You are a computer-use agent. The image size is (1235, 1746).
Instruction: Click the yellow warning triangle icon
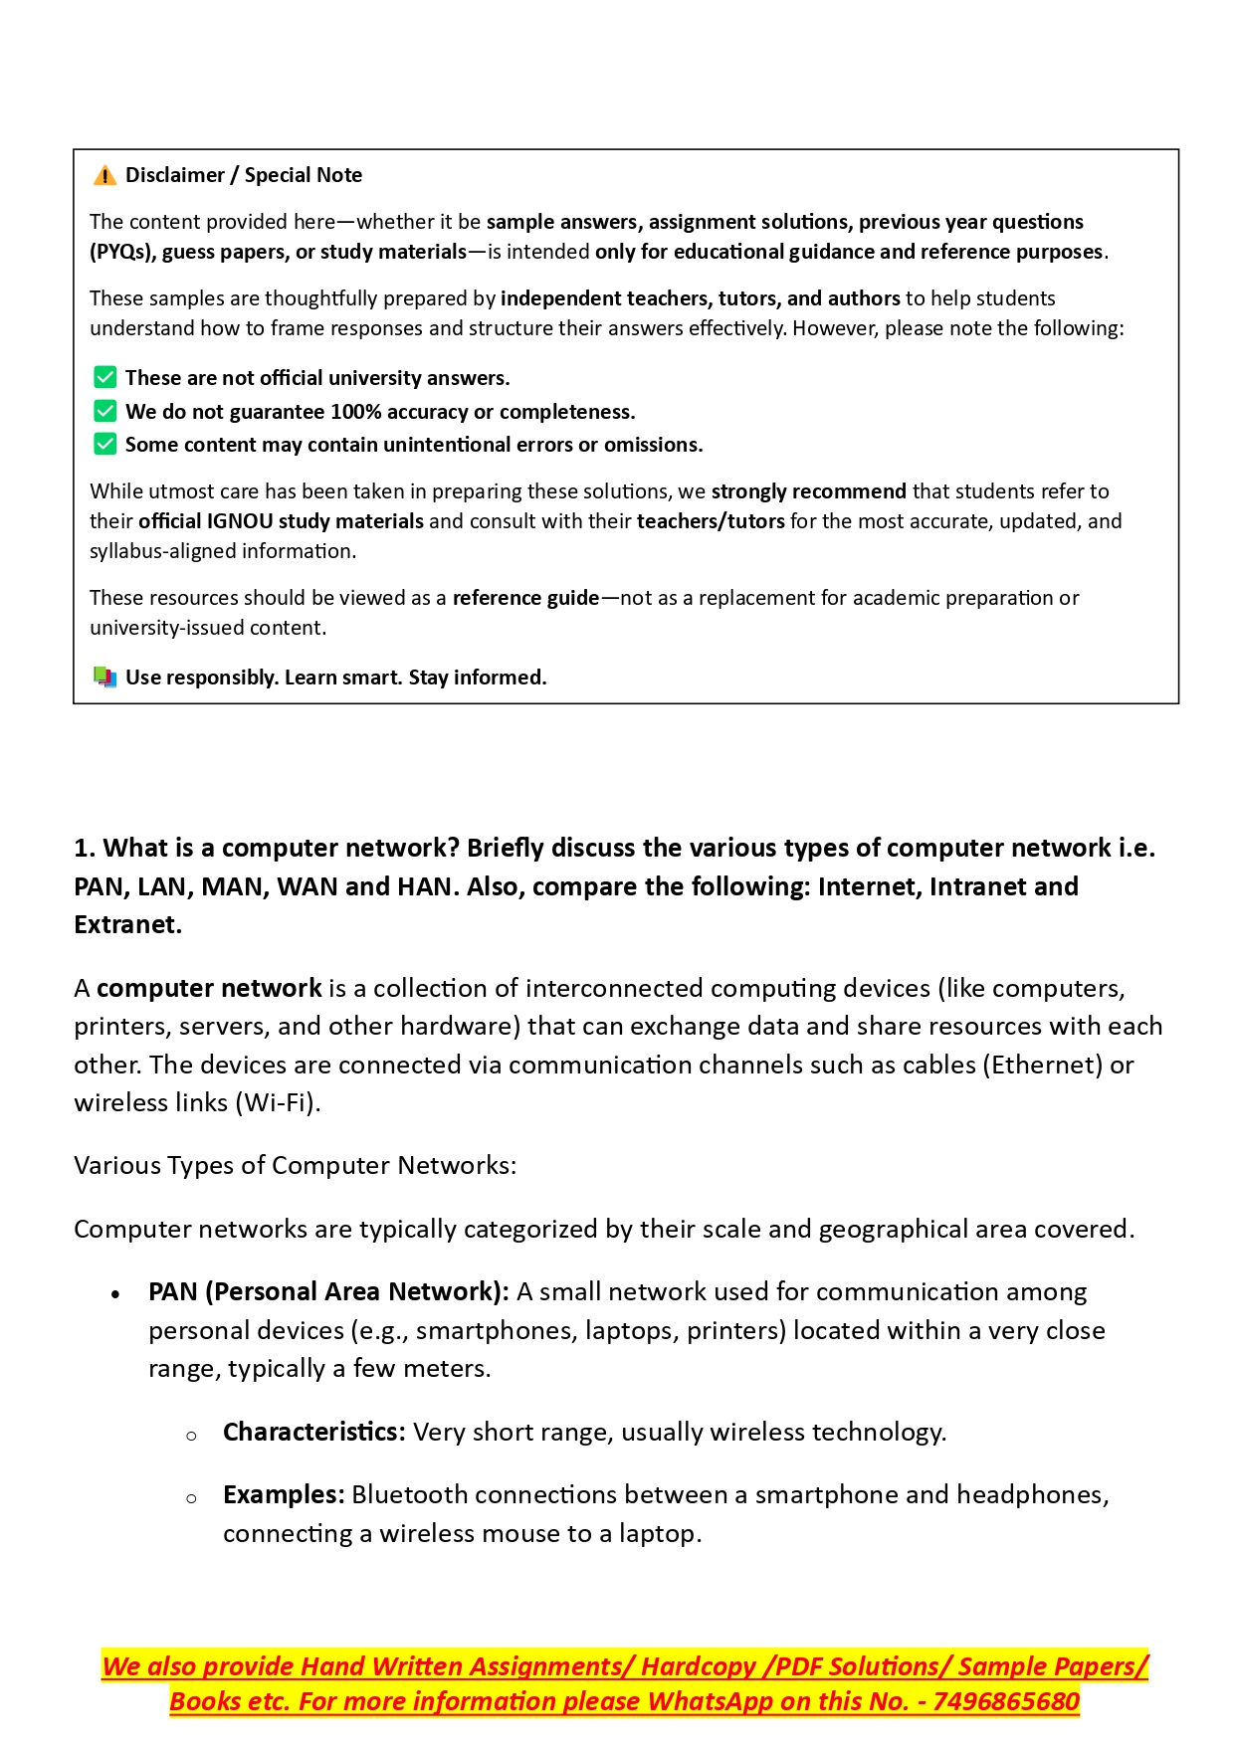(104, 176)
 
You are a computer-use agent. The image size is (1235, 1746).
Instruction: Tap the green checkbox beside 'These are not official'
(104, 378)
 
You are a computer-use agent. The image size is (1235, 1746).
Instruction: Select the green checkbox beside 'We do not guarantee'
(104, 412)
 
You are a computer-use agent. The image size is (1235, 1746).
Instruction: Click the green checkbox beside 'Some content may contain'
(104, 445)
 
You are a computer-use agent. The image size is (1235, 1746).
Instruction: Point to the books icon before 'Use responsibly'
(104, 678)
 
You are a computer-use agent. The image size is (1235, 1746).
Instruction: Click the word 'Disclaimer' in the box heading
(175, 176)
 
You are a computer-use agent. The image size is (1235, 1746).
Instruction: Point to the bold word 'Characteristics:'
(313, 1433)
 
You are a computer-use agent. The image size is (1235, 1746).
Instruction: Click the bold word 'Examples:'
(284, 1495)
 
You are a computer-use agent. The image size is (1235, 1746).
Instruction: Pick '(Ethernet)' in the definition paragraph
(1044, 1066)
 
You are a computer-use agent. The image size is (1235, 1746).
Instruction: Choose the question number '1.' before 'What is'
(85, 849)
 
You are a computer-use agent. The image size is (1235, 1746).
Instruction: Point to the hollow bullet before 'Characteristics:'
(191, 1436)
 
